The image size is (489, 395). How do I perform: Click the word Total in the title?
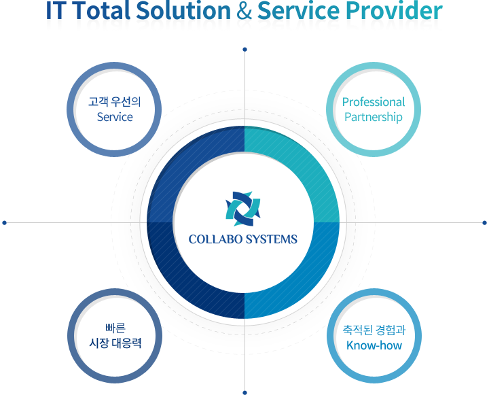click(x=103, y=11)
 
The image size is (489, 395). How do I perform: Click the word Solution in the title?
click(x=183, y=11)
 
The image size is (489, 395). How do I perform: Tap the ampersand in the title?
click(x=244, y=11)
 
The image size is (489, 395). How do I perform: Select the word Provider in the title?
click(x=394, y=11)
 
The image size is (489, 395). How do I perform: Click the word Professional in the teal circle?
click(x=374, y=102)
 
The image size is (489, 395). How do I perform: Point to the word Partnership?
click(x=374, y=118)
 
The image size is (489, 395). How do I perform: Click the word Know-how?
click(x=374, y=345)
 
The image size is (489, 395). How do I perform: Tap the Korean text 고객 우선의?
click(x=115, y=102)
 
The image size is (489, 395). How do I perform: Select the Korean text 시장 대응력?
click(x=115, y=343)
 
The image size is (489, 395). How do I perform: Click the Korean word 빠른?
click(x=115, y=328)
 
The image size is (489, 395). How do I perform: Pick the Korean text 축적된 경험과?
click(x=374, y=330)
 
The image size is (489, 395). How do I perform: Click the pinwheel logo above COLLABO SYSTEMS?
click(x=243, y=209)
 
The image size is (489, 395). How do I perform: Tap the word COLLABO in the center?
click(x=215, y=239)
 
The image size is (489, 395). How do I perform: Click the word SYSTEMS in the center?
click(x=271, y=239)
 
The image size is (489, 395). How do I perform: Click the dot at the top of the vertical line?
click(x=244, y=50)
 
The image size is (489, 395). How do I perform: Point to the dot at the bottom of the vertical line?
click(x=244, y=392)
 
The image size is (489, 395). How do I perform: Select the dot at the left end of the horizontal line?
click(x=4, y=222)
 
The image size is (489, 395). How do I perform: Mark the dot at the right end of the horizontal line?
click(x=484, y=222)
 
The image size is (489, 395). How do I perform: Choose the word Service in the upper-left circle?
click(x=115, y=117)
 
